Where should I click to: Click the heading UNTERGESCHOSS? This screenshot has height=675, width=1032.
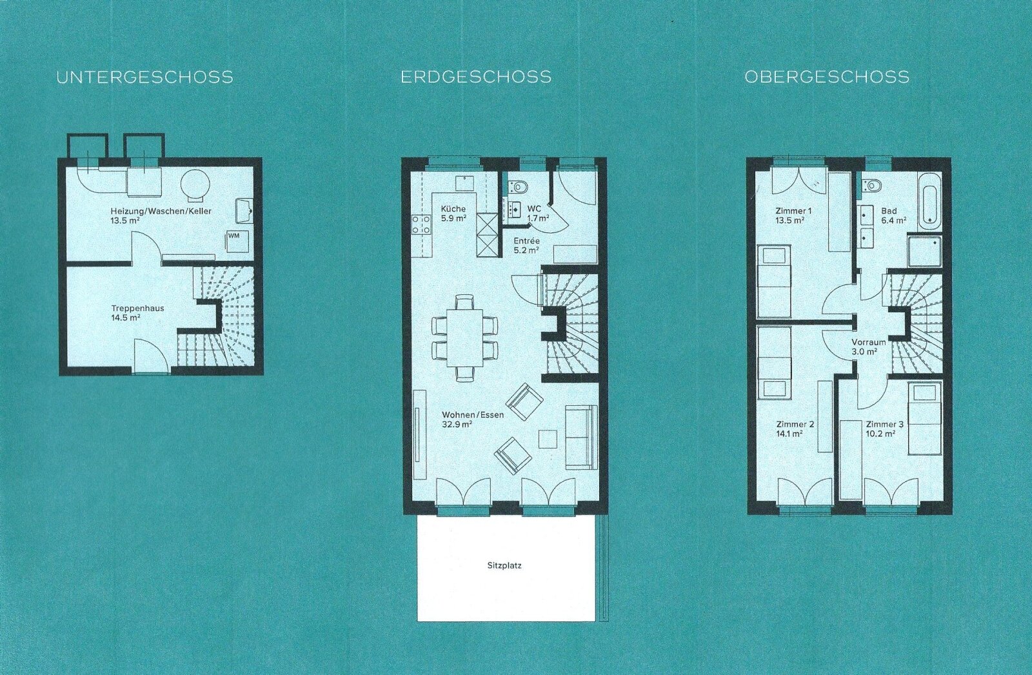(144, 77)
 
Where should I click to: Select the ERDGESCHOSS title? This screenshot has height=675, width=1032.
(477, 77)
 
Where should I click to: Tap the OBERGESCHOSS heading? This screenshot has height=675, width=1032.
(827, 77)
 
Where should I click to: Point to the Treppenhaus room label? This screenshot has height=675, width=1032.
(138, 308)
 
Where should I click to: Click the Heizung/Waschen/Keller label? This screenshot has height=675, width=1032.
(161, 211)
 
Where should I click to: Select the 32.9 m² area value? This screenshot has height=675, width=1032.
(457, 424)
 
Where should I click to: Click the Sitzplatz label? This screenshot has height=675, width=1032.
(504, 566)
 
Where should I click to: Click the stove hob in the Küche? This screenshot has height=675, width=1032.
(422, 226)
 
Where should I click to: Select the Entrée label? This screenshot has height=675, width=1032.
(526, 241)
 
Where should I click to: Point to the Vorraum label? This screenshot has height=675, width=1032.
(868, 342)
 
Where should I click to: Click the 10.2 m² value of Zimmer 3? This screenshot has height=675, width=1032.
(881, 434)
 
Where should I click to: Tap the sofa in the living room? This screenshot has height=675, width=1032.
(581, 437)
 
